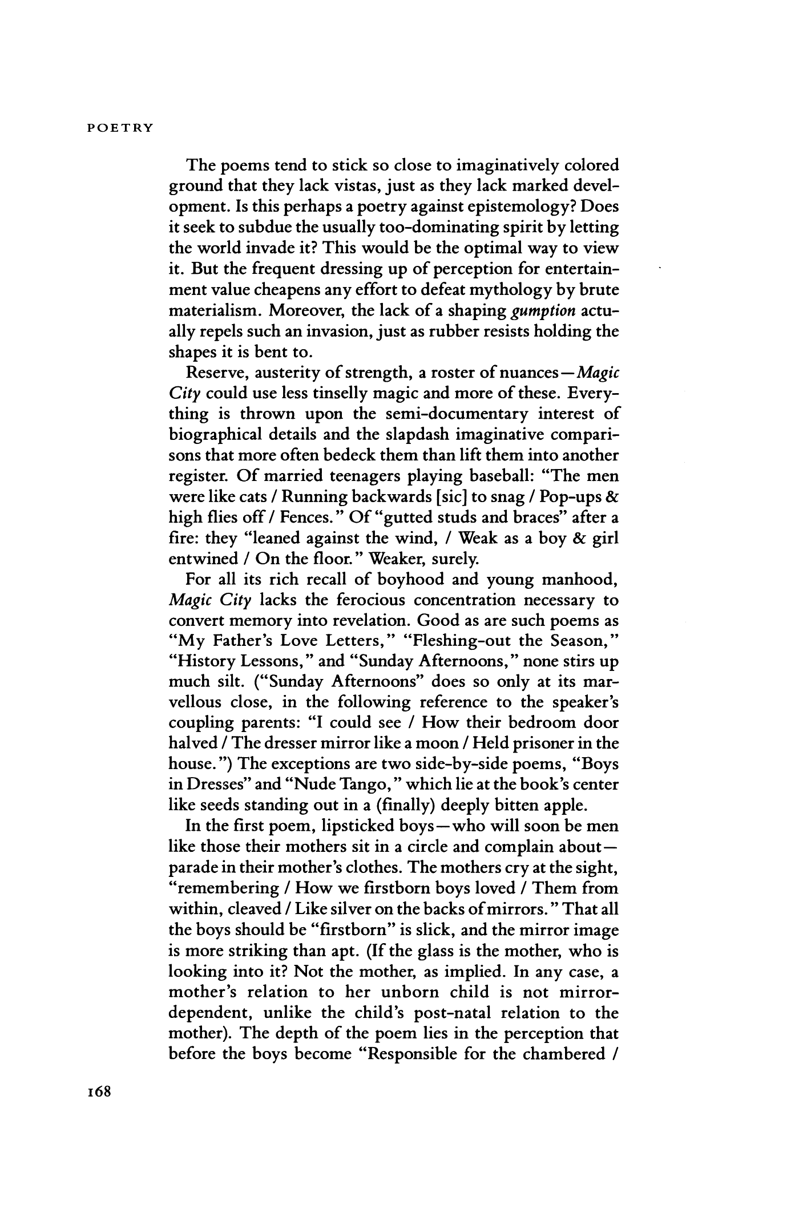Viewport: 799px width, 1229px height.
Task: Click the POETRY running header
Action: coord(120,128)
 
